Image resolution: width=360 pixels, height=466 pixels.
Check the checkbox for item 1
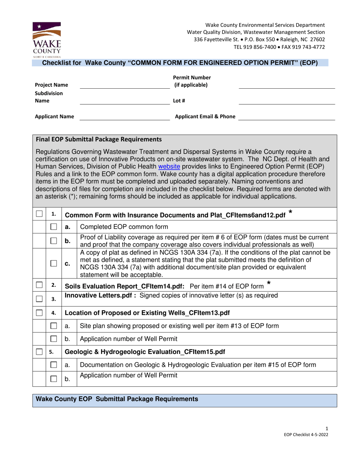point(39,214)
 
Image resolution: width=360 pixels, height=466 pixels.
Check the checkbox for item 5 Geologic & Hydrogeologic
point(39,352)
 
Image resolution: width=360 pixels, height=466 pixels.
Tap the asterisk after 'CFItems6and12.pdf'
point(290,213)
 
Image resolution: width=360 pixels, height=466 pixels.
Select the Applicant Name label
point(55,117)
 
